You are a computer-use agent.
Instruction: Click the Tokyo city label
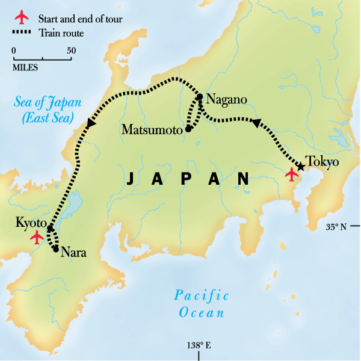click(322, 162)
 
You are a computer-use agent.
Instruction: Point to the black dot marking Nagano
click(199, 97)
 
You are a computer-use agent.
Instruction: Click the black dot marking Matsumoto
click(188, 128)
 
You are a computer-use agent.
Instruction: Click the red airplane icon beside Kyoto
click(37, 238)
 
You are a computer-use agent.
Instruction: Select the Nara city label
click(74, 253)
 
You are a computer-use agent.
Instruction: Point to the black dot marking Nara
click(56, 248)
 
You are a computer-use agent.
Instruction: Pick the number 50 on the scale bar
click(71, 51)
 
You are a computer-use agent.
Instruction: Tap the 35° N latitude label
click(336, 227)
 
